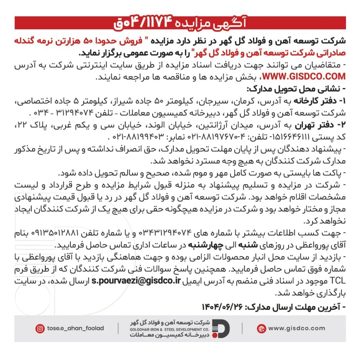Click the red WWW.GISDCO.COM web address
[x=304, y=76]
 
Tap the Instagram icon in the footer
[x=40, y=329]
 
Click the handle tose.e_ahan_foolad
[x=76, y=328]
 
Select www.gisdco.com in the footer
[x=297, y=328]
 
